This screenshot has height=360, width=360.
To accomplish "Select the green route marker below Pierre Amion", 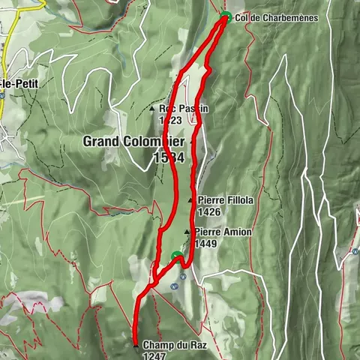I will (177, 257).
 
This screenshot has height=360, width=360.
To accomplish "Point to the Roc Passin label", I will (183, 108).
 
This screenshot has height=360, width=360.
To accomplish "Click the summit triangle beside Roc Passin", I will (152, 109).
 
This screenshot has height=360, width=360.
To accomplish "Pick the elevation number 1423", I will (170, 119).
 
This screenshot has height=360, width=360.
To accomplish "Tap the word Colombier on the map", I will (162, 141).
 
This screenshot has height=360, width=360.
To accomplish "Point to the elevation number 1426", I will (210, 212).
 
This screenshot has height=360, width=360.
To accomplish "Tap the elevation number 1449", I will (205, 244).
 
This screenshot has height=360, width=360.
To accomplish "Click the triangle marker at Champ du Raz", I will (135, 345).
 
